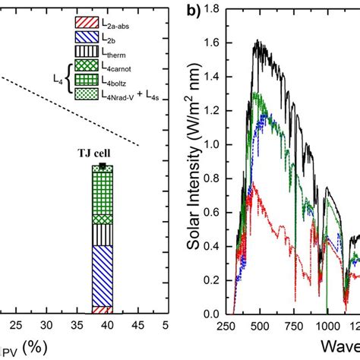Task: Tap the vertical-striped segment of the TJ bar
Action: (102, 235)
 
